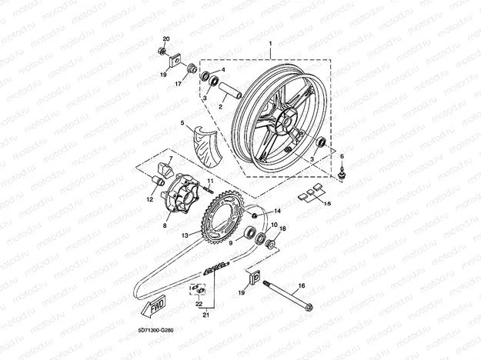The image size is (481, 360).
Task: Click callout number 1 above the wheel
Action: click(x=269, y=45)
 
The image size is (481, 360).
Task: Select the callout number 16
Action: click(x=301, y=285)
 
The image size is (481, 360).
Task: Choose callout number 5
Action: click(x=182, y=123)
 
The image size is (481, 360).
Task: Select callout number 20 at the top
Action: click(x=165, y=39)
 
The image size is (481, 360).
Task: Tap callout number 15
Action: click(x=326, y=204)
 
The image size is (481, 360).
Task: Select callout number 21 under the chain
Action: click(x=205, y=315)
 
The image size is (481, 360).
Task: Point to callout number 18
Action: click(x=282, y=229)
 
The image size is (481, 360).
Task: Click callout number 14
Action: click(x=278, y=211)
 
